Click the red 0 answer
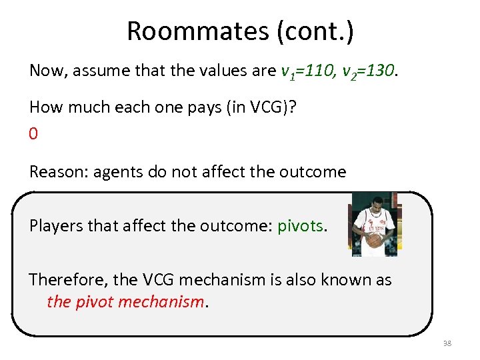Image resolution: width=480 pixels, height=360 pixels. click(x=33, y=134)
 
